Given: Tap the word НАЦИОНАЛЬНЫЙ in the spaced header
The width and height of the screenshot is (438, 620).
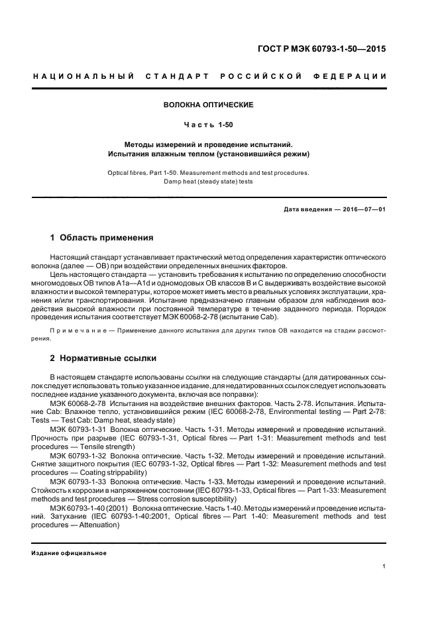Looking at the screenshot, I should coord(83,77).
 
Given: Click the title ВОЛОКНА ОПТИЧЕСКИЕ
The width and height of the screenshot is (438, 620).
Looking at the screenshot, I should coord(209,105).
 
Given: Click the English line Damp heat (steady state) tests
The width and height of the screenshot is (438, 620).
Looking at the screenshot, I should coord(209,181).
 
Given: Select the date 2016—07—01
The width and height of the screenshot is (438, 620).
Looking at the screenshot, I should coord(363,210).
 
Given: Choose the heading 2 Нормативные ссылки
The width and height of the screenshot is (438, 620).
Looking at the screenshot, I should coord(103,358).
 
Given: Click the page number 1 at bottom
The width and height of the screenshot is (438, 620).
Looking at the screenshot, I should coord(384,566).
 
